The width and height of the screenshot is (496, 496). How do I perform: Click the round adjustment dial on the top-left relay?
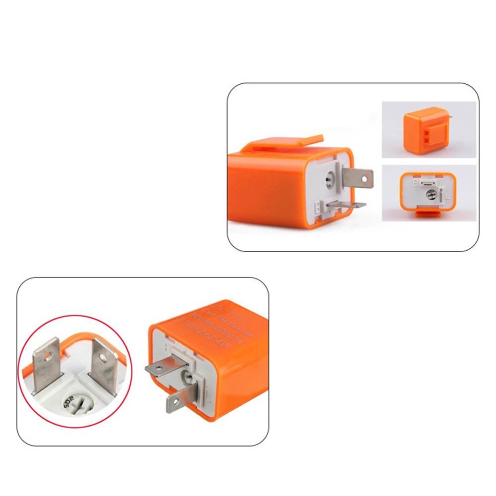[331, 180]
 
